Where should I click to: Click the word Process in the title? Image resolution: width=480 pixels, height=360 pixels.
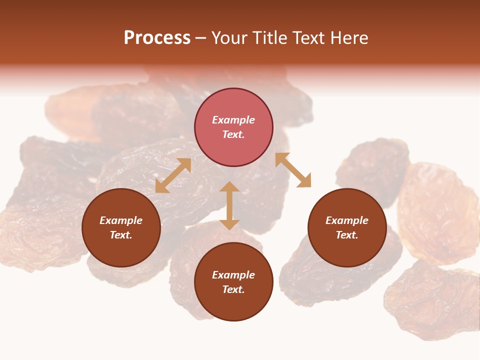coord(157,38)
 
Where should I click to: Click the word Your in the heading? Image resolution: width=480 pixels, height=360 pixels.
coord(229,38)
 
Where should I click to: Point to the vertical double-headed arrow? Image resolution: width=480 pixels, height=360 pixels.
coord(229,205)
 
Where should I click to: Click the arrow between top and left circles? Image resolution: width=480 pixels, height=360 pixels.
coord(173,175)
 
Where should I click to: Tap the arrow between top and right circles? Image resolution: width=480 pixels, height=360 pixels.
coord(293,170)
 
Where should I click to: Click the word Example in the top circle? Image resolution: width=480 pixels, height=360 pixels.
coord(233,120)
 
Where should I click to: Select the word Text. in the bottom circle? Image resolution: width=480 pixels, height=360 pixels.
coord(233,289)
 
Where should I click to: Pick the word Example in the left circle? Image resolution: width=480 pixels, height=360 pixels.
coord(121,220)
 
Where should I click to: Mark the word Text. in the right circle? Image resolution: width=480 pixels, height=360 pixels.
coord(347,235)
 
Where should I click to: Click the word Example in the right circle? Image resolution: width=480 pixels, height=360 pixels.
coord(347,220)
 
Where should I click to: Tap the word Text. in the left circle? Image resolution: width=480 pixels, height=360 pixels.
coord(121,235)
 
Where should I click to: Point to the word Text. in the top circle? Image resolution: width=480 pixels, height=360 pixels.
coord(233,134)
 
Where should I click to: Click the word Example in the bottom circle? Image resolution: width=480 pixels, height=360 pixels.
coord(233,275)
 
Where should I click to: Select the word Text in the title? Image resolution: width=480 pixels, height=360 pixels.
coord(309,38)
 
